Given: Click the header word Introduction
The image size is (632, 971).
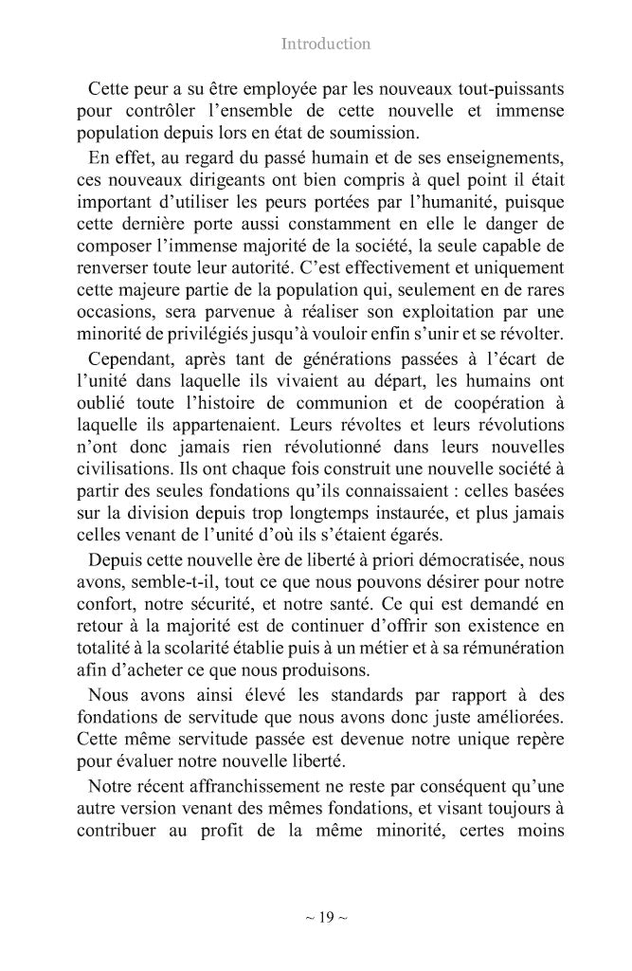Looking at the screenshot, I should tap(326, 44).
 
